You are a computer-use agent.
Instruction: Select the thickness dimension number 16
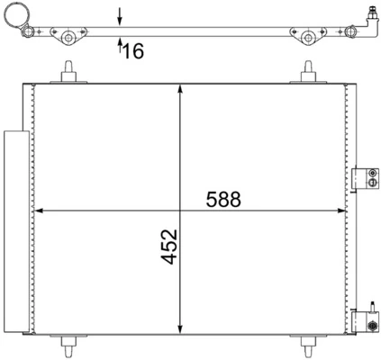132,52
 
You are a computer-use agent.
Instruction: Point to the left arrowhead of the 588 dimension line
39,212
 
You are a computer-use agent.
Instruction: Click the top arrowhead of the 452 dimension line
183,88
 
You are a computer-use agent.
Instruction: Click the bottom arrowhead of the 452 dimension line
183,330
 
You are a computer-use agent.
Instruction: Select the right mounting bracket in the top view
309,36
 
